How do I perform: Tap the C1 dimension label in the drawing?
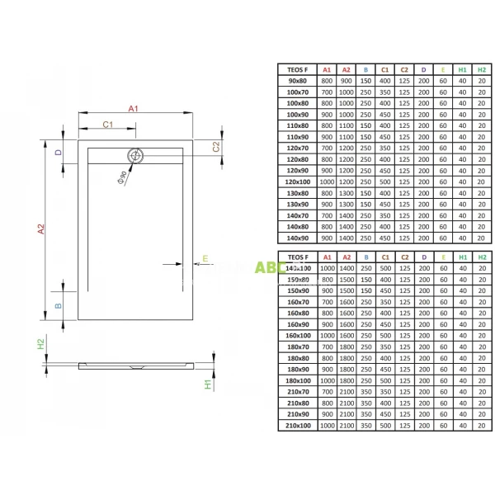pyautogui.click(x=106, y=124)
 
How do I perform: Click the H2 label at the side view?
pyautogui.click(x=40, y=343)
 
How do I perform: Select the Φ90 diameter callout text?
pyautogui.click(x=123, y=175)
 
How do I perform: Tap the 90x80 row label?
pyautogui.click(x=298, y=82)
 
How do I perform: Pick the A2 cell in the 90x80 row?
pyautogui.click(x=346, y=82)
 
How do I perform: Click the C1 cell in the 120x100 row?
pyautogui.click(x=384, y=180)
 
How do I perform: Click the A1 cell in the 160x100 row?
pyautogui.click(x=327, y=336)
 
